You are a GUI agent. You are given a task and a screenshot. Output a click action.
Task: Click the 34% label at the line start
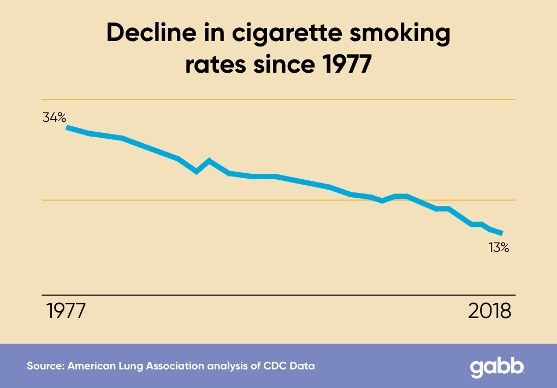[55, 117]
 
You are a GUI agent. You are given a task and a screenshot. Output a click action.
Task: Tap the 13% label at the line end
[499, 248]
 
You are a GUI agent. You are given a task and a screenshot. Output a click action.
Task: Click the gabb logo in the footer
[497, 367]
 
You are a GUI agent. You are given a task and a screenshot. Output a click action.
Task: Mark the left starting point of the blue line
[67, 127]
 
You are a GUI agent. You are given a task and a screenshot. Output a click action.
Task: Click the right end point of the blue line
[501, 233]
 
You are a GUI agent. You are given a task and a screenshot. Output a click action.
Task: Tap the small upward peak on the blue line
[209, 161]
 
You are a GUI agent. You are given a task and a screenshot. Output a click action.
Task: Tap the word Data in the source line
[304, 366]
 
